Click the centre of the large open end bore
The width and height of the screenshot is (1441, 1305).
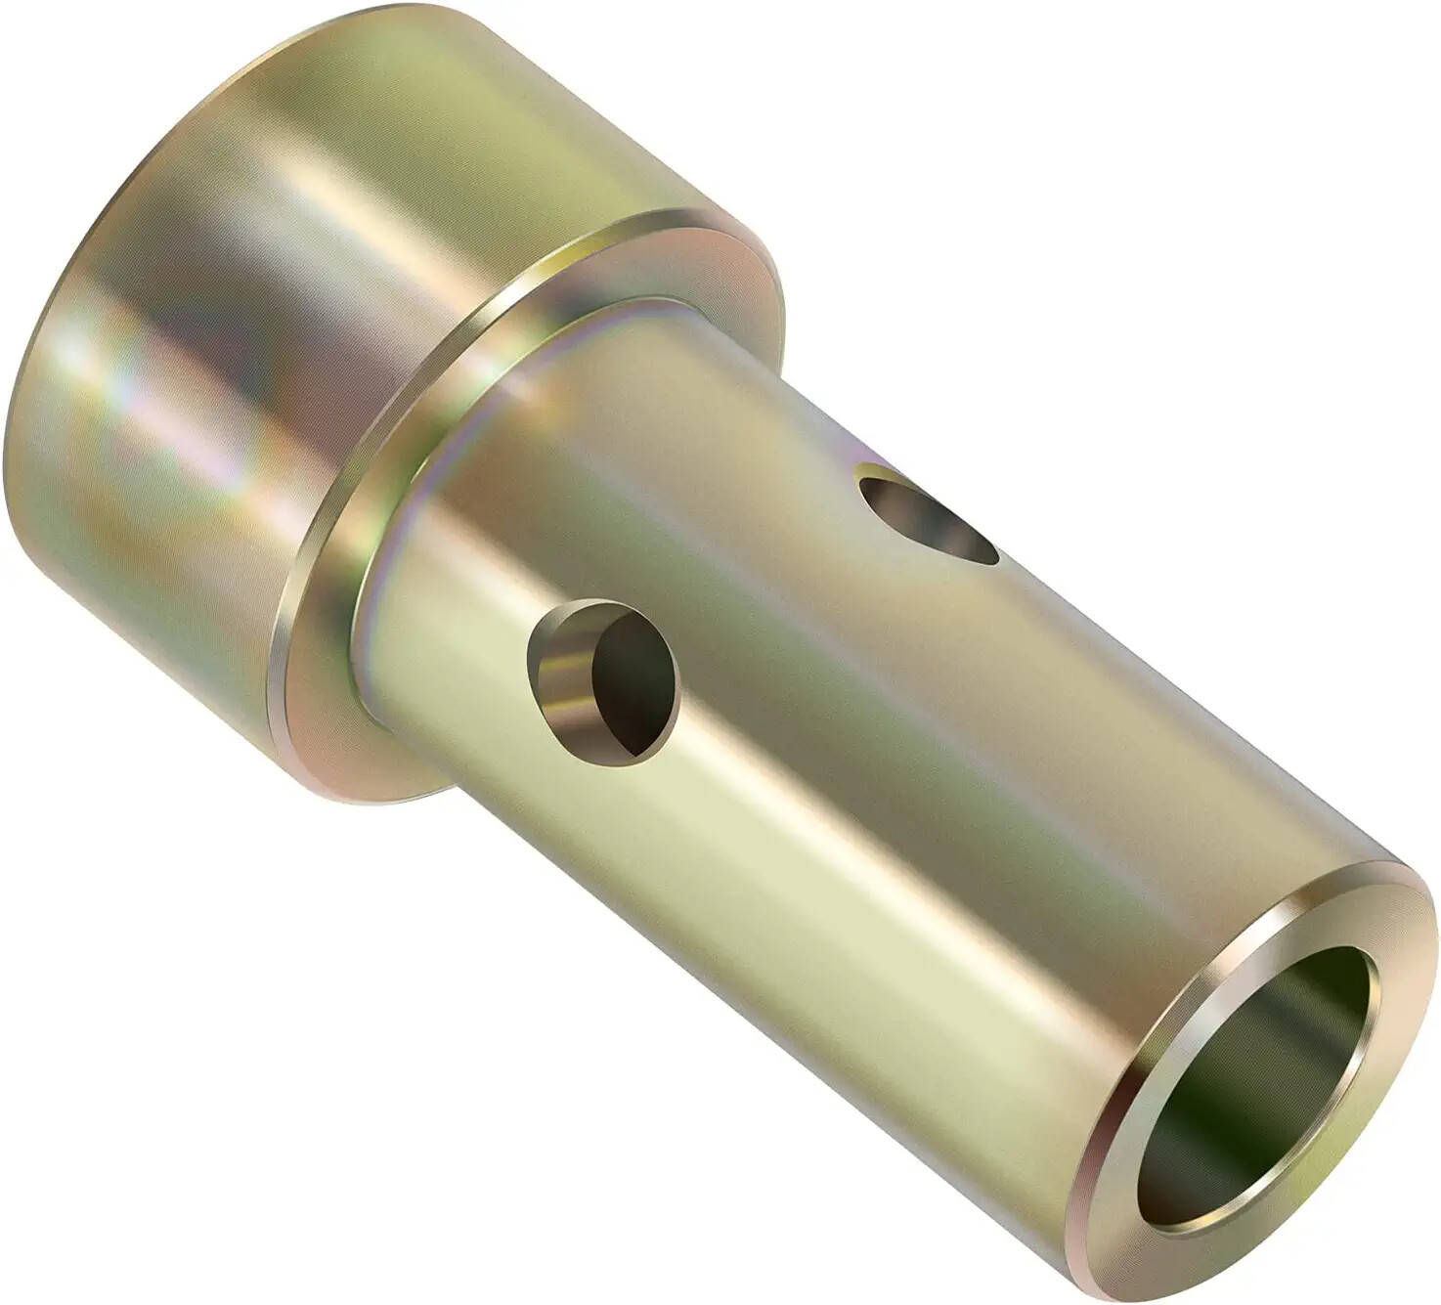click(x=1261, y=1085)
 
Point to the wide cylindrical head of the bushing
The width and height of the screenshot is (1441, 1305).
click(x=293, y=323)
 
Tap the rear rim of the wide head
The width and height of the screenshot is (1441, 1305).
click(x=59, y=293)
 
